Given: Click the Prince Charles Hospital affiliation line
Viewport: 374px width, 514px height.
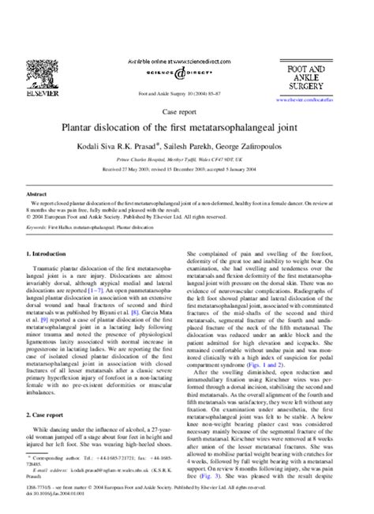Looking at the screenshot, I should (x=186, y=158).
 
